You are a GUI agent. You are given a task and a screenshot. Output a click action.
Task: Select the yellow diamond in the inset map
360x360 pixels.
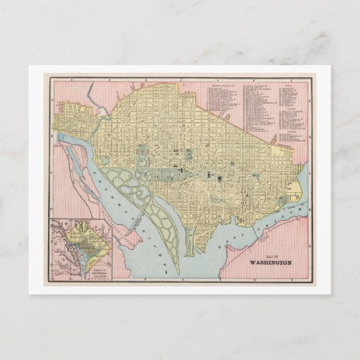point(81,239)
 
